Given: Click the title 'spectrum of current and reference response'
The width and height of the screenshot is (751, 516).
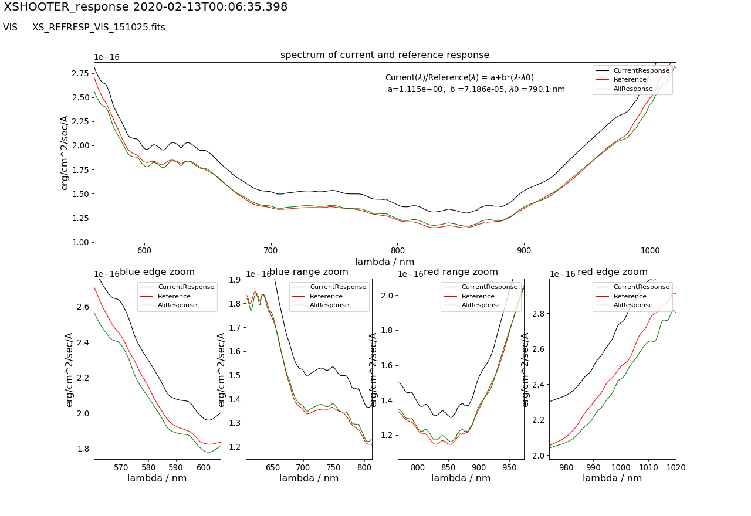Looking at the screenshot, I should click(384, 55).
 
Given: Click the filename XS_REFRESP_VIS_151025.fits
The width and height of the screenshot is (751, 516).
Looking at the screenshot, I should click(99, 28).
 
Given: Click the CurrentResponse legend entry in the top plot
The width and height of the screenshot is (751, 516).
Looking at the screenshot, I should click(641, 70).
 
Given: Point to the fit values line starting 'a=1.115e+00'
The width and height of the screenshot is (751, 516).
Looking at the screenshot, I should click(476, 90).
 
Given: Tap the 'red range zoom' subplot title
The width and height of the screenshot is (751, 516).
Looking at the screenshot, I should click(461, 272).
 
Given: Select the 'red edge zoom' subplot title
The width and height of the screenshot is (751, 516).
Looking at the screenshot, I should click(613, 272).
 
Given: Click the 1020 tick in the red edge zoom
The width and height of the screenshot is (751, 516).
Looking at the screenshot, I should click(675, 467).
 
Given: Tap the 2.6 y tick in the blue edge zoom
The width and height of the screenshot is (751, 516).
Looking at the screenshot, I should click(83, 307).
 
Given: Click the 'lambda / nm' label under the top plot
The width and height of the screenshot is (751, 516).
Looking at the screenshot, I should click(384, 262).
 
